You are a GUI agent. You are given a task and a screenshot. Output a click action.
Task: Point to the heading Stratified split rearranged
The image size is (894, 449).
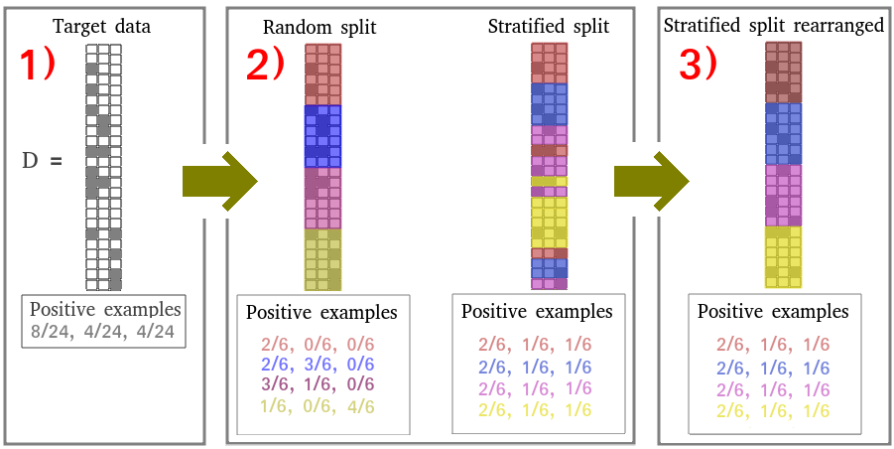coord(773,25)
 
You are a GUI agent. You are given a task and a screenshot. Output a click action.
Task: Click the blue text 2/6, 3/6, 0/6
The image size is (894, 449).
coord(321,364)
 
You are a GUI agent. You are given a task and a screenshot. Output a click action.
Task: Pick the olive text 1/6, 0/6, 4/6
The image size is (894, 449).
coord(321,405)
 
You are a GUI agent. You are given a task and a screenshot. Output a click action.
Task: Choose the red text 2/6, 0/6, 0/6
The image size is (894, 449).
coord(321,344)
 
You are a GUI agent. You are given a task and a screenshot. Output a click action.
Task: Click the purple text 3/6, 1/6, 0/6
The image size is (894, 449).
coord(321,384)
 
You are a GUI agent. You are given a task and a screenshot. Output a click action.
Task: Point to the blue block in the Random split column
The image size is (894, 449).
coord(322,136)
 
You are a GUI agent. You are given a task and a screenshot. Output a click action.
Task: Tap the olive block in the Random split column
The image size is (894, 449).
coord(322,259)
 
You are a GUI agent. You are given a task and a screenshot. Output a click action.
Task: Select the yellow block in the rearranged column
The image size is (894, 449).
coord(783,256)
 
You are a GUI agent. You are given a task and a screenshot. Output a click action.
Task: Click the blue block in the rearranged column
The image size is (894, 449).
coord(783,133)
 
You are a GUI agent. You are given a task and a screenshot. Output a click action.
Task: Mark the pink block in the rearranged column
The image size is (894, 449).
coord(783,195)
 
